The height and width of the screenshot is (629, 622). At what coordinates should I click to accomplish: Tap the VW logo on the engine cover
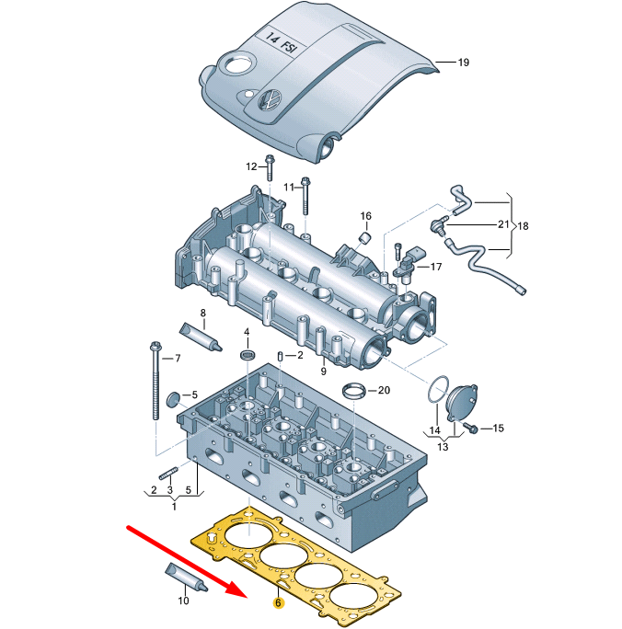point(271,100)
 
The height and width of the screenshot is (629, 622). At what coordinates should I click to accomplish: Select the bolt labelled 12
point(271,167)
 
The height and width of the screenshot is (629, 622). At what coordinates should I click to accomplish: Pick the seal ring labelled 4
point(246,355)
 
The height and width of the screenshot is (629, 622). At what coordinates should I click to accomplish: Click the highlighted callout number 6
point(276,605)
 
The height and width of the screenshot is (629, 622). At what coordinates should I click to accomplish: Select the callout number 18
point(524,225)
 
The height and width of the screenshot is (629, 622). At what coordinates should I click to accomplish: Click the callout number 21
point(502,224)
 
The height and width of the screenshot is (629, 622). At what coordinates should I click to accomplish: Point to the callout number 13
point(443,447)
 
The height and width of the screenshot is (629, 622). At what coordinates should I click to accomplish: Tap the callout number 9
point(323,371)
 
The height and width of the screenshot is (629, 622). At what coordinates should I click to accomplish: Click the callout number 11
point(288,187)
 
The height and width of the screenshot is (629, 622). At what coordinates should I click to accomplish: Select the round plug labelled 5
point(172,398)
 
